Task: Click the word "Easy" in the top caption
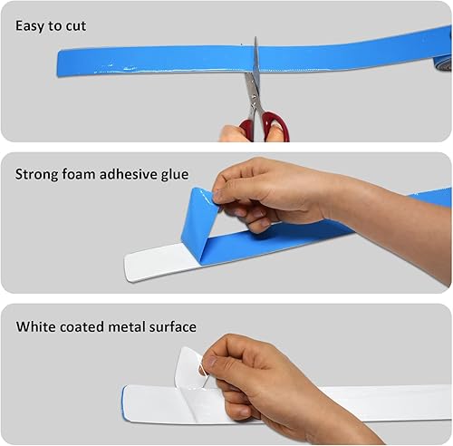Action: [30, 26]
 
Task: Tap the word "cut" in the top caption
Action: [76, 26]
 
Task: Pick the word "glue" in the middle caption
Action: [175, 175]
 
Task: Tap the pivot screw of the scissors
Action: [253, 98]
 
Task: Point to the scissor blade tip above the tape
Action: [255, 38]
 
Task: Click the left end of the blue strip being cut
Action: [59, 63]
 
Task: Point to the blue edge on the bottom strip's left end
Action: [123, 401]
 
